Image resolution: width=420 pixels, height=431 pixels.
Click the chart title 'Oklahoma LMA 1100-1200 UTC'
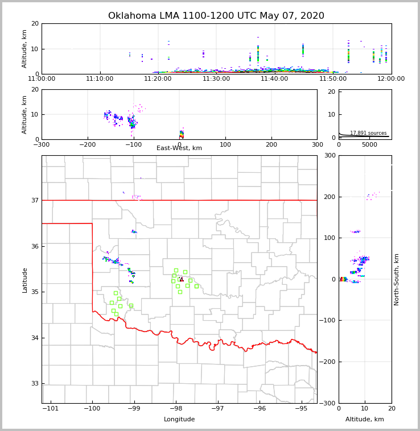pos(216,16)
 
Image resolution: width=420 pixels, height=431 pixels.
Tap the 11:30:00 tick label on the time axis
pos(216,79)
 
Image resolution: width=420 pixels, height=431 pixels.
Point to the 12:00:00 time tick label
pos(391,79)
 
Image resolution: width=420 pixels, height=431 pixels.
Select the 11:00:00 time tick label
pos(42,79)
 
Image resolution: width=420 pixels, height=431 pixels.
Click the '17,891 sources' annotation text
pos(368,133)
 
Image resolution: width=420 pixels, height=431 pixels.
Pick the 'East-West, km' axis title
pos(179,148)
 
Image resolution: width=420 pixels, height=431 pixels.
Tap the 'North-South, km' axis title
pos(397,279)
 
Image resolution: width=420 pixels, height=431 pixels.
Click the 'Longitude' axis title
pos(179,420)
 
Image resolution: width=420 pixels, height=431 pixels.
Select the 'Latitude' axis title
pos(25,280)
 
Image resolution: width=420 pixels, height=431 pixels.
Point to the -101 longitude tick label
pos(51,409)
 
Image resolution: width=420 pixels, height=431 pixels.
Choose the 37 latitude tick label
pos(35,200)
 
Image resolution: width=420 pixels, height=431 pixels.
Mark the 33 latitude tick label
pos(35,384)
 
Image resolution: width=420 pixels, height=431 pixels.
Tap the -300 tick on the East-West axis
pos(42,144)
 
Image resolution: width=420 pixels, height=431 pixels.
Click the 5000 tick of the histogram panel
pos(370,144)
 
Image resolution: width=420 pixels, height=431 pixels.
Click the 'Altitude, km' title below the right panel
pos(365,420)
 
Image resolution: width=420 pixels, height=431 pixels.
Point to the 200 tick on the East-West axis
pos(271,144)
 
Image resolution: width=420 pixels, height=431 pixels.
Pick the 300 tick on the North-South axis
pos(329,156)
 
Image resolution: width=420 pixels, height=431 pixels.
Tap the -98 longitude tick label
pos(176,409)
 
